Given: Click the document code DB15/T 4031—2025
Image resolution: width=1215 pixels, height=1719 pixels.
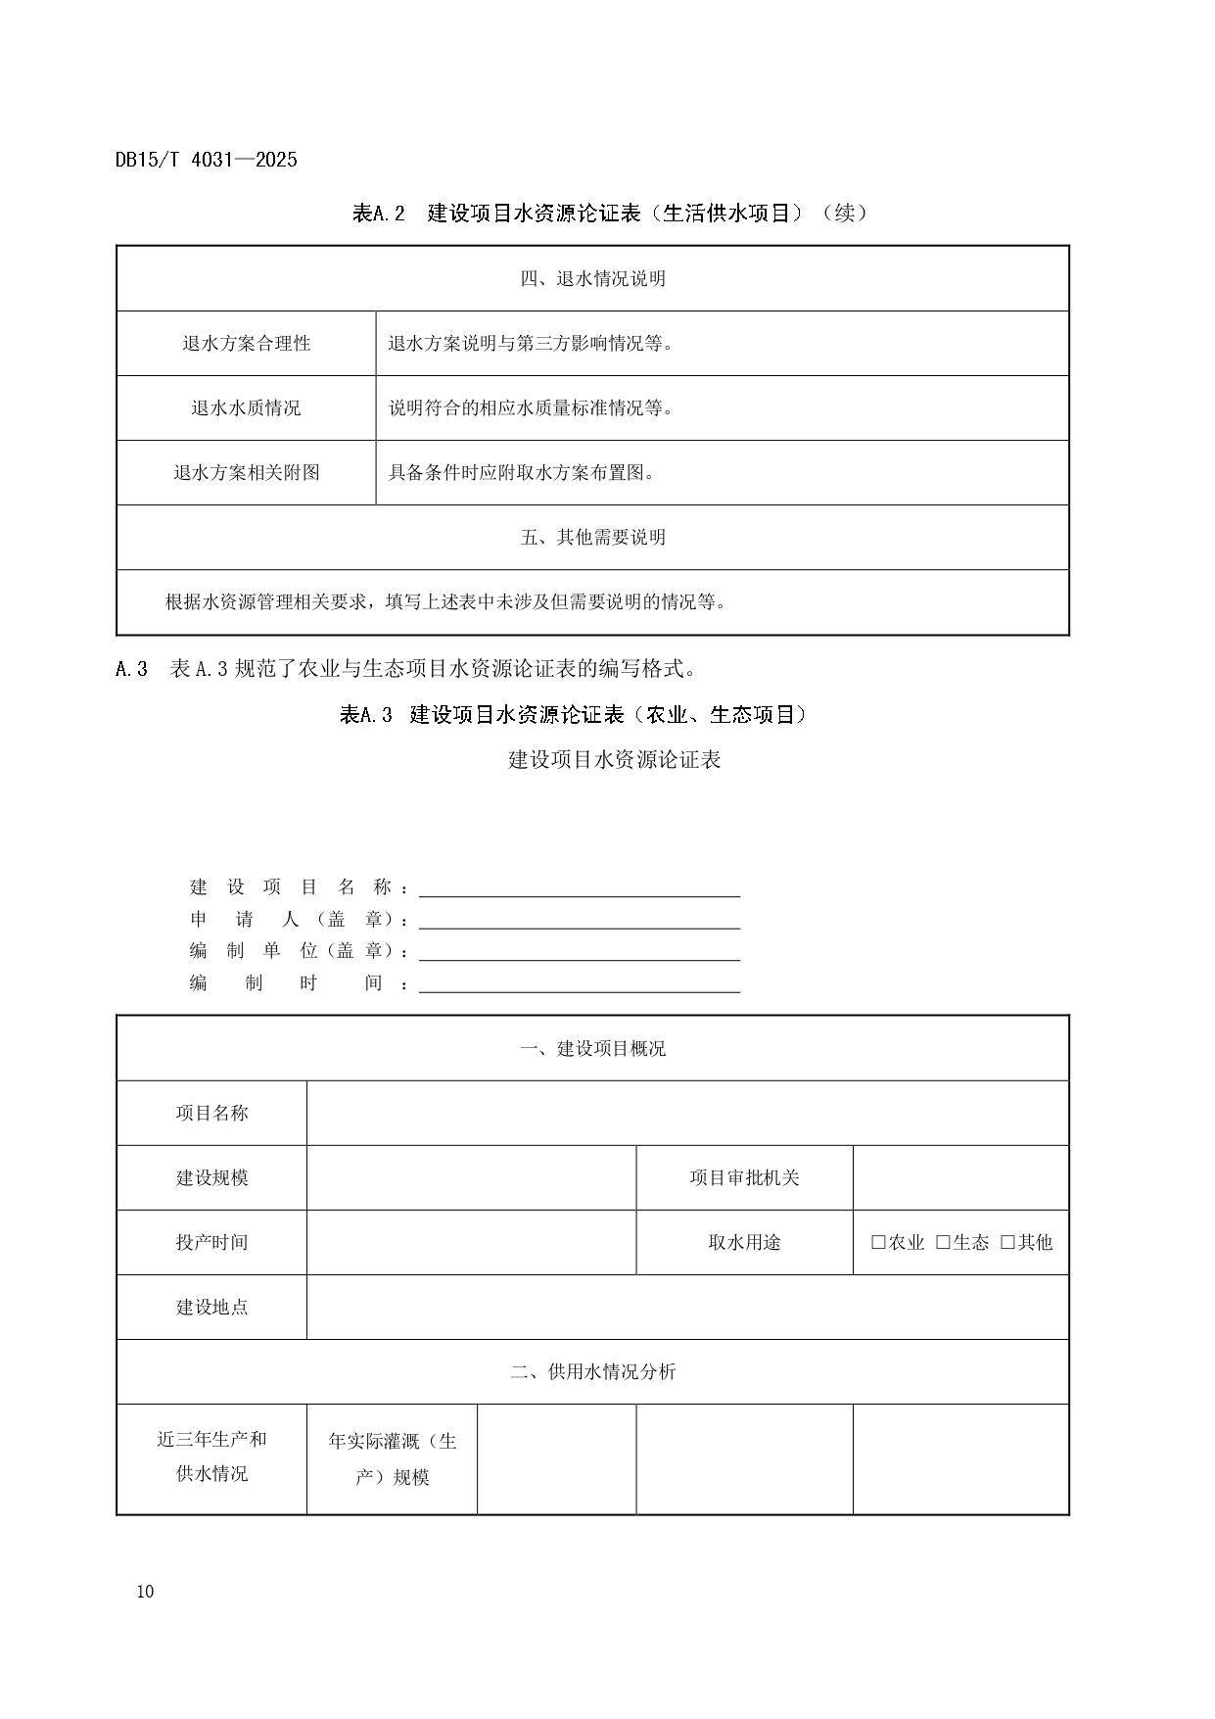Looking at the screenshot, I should [206, 160].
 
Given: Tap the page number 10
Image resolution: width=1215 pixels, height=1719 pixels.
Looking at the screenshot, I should [146, 1592].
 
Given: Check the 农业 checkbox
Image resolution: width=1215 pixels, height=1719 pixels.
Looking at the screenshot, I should [878, 1242].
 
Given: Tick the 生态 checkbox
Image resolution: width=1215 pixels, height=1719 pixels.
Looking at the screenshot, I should [943, 1242].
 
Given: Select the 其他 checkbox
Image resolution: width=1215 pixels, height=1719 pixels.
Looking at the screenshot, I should [1007, 1242].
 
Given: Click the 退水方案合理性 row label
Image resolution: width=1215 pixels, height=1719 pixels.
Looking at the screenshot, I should [246, 344].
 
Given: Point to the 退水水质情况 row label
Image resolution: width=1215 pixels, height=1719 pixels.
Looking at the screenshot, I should [246, 408].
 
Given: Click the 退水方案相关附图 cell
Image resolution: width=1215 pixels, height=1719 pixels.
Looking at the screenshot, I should [246, 473].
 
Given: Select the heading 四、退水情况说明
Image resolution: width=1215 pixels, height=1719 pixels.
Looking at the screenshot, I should [592, 279].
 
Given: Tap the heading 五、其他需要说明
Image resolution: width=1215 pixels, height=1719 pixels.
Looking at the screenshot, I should [592, 538].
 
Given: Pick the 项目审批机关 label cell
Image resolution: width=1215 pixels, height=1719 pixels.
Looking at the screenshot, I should [744, 1177].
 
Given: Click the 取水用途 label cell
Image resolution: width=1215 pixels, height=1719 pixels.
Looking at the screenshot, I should [744, 1242].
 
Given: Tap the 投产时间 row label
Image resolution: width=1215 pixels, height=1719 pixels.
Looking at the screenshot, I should [211, 1242].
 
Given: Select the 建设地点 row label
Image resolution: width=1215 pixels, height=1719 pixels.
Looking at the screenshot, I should [211, 1307].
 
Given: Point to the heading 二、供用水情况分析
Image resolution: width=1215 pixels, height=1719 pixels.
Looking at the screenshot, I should [592, 1371].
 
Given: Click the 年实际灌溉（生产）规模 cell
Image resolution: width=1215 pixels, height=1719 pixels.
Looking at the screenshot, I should [392, 1459].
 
